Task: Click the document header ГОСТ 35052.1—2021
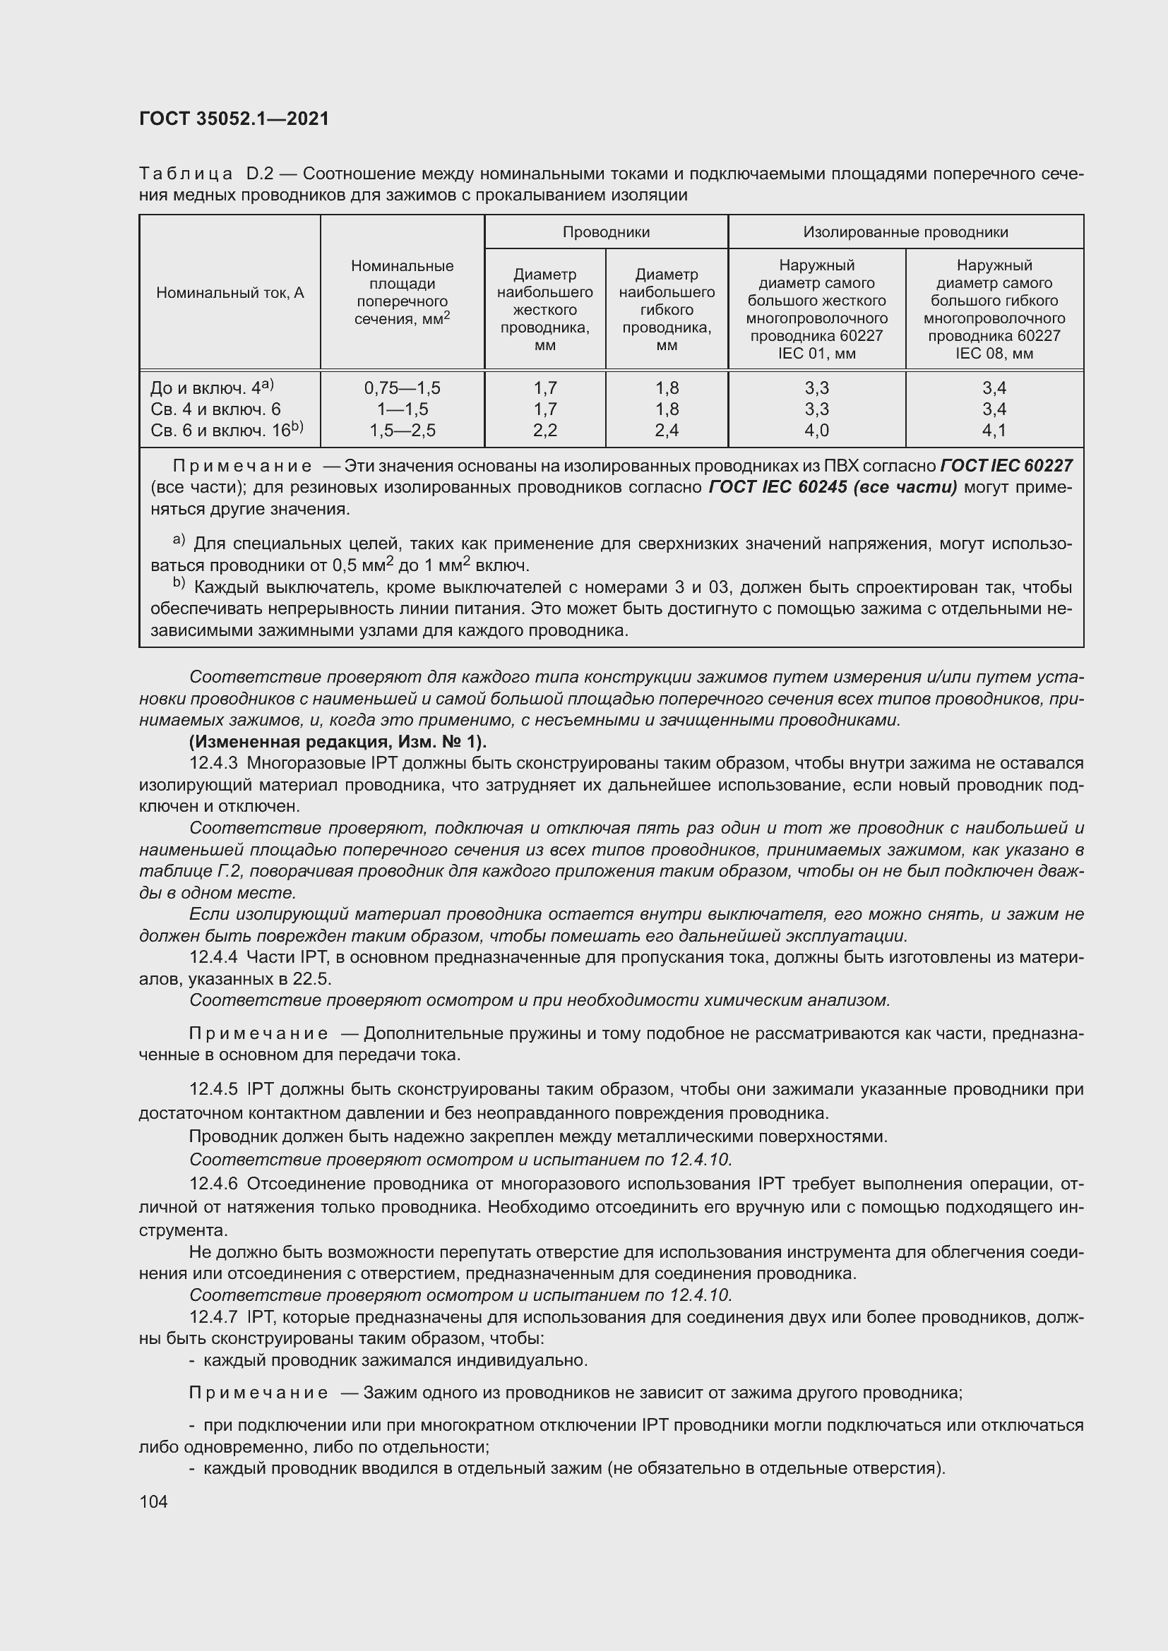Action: [x=234, y=119]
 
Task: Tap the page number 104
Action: [x=153, y=1501]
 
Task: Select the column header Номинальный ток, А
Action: [x=230, y=293]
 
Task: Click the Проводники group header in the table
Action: [x=606, y=232]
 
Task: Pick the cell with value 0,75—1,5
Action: [x=402, y=388]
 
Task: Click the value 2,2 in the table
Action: [x=545, y=431]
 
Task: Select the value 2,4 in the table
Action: [x=667, y=431]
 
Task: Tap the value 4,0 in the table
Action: [x=816, y=431]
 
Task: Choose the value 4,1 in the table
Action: [x=994, y=431]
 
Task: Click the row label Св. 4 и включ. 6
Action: [x=215, y=410]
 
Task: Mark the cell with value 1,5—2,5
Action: [x=402, y=431]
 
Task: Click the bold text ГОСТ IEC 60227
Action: [x=1006, y=466]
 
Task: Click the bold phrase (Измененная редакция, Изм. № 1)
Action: [x=338, y=741]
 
